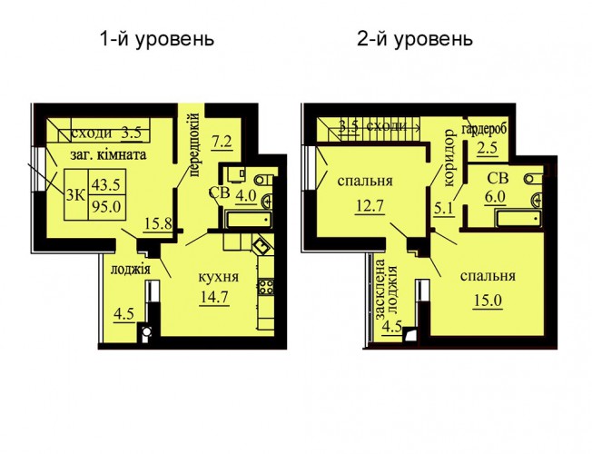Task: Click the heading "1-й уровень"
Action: coord(157,39)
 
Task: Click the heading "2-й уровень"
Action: coord(415,39)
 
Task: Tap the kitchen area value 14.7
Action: coord(214,298)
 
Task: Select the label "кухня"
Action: coord(219,277)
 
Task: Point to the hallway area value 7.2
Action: coord(222,142)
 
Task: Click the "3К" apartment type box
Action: coord(76,194)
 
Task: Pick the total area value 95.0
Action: coord(106,207)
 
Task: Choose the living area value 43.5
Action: coord(106,184)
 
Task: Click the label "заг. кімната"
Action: coord(109,154)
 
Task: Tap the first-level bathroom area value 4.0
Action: coord(246,196)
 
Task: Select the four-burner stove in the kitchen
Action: coord(266,287)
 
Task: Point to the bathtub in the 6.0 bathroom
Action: coord(518,219)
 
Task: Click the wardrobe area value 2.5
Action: coord(487,148)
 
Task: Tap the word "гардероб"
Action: coord(484,128)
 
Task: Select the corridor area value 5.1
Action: coord(444,209)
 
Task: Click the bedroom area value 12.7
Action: coord(370,207)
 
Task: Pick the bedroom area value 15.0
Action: coord(488,301)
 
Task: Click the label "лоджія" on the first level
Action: coord(131,270)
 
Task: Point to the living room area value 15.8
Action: coord(158,223)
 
